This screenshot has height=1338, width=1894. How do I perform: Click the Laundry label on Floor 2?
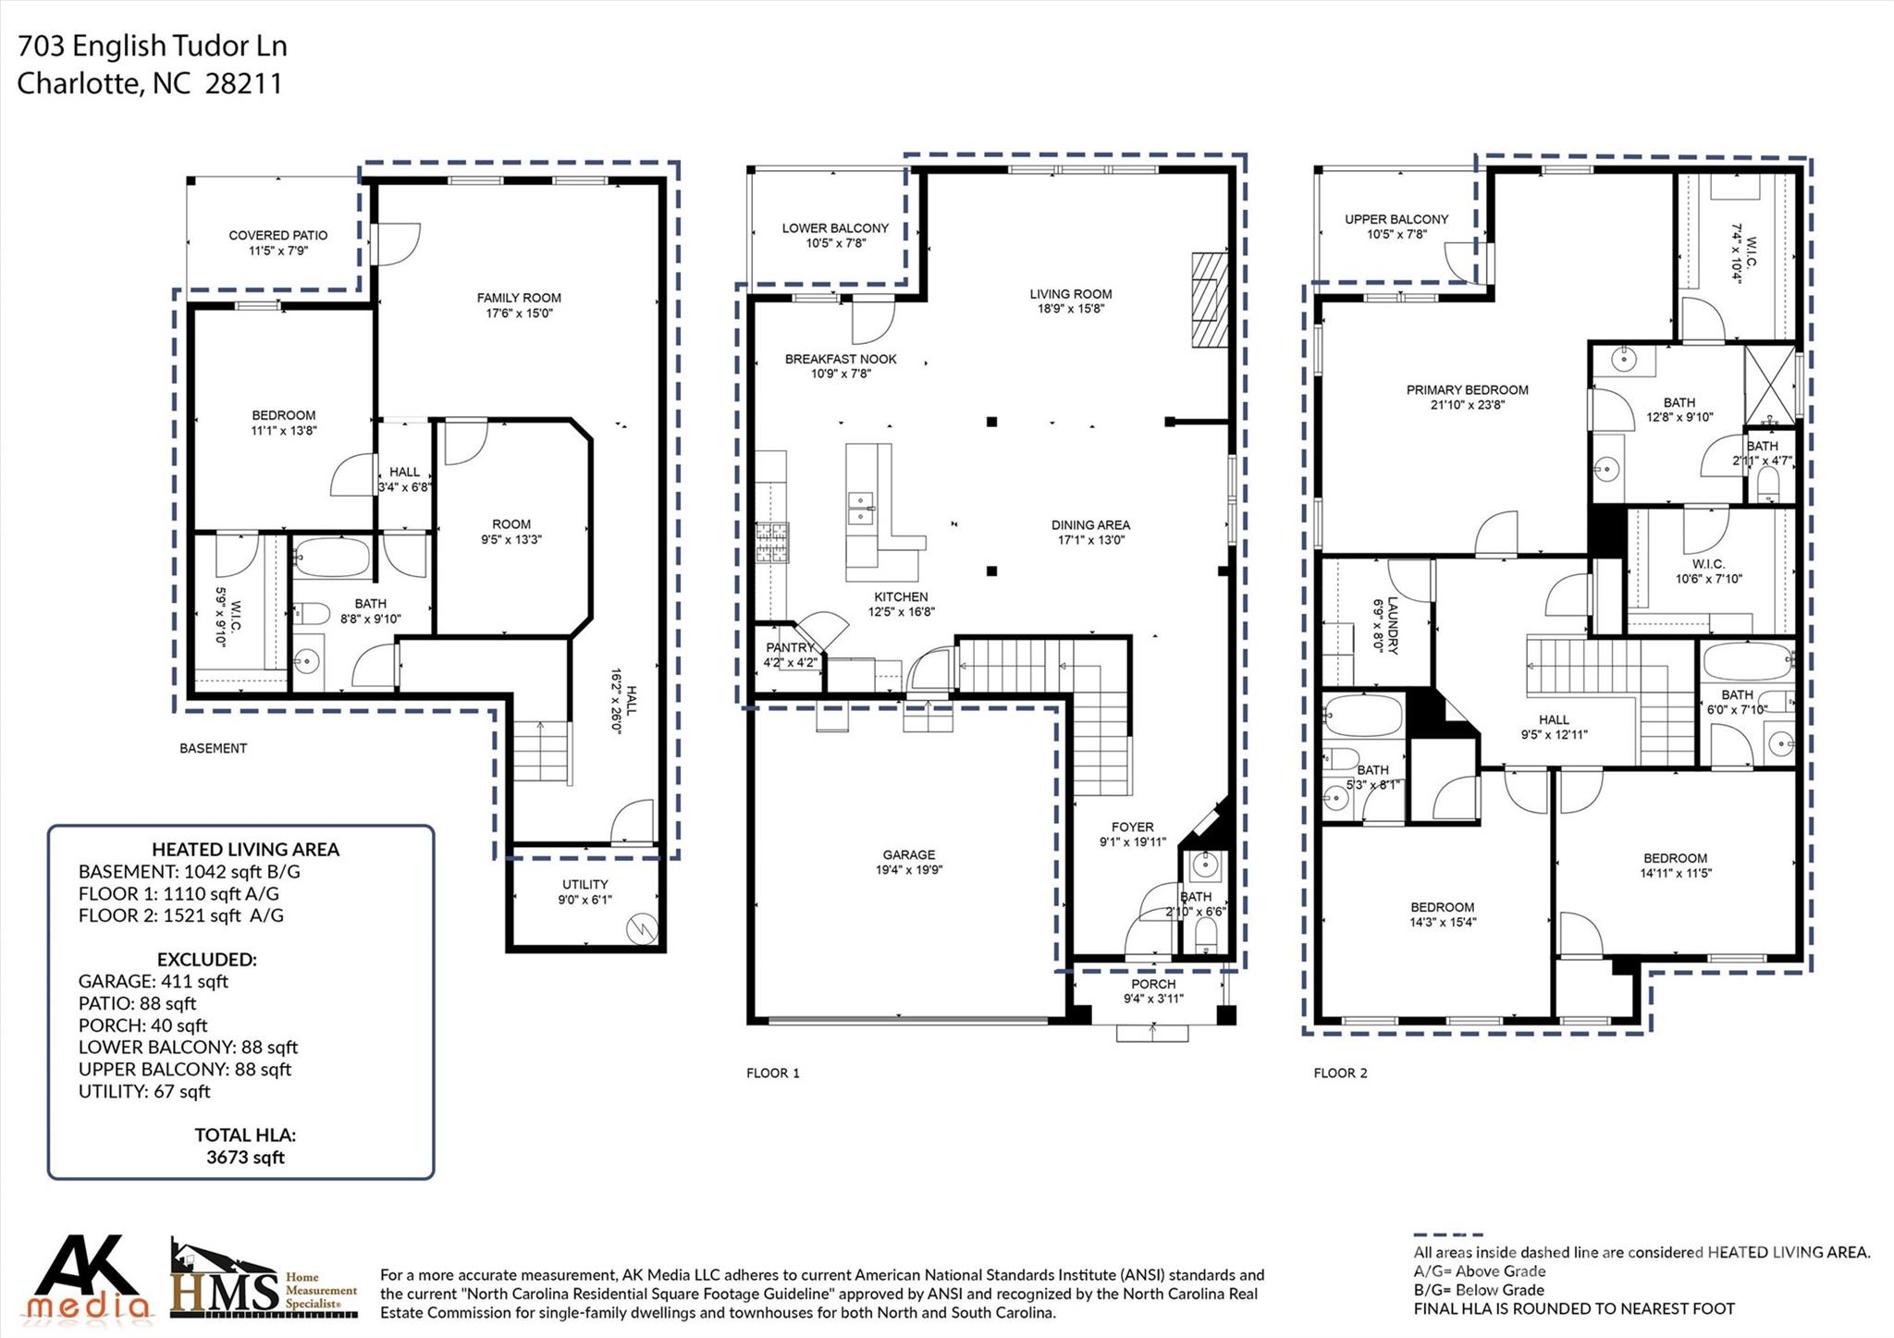(1385, 625)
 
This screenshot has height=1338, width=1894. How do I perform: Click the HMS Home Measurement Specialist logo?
(264, 1278)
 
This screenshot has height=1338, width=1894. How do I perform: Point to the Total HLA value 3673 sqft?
(245, 1158)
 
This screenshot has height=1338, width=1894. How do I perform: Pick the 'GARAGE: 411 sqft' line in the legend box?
(154, 981)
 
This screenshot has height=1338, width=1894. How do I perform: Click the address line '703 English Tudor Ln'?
(153, 45)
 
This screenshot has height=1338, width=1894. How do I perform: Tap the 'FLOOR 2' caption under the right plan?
(1340, 1073)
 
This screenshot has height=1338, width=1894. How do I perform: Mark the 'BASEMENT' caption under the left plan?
(214, 748)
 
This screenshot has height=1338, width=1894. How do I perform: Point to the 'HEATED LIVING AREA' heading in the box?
(245, 849)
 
